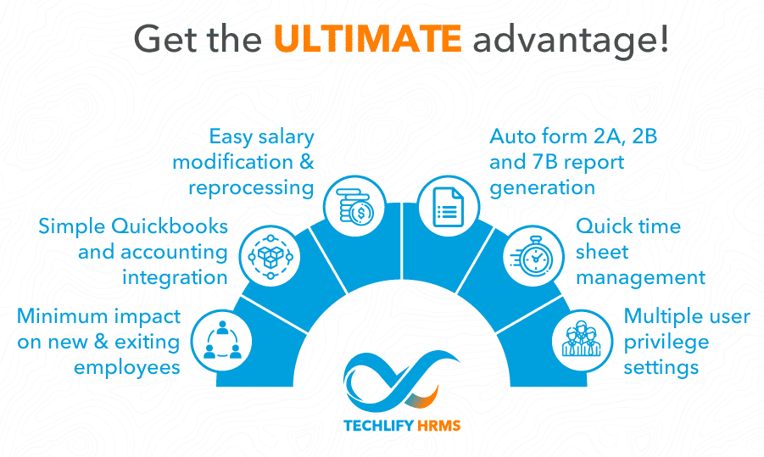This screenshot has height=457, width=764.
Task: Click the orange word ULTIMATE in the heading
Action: click(x=368, y=38)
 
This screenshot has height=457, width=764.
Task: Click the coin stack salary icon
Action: click(x=355, y=207)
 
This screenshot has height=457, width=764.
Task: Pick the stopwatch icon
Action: click(x=533, y=256)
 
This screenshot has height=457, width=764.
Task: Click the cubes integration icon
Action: click(x=270, y=256)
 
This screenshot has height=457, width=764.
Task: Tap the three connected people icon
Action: click(x=222, y=340)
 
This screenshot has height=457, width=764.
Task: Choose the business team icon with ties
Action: click(x=582, y=338)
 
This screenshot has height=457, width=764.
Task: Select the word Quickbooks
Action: click(x=170, y=227)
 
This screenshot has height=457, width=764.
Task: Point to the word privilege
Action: click(x=666, y=343)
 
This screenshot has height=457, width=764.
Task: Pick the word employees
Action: click(x=127, y=368)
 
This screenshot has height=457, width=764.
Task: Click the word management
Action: click(x=640, y=278)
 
